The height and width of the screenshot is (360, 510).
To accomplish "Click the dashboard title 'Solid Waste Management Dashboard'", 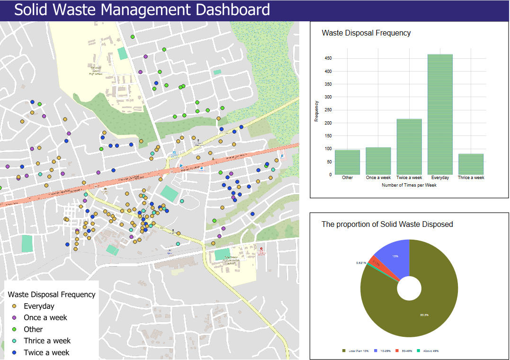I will click(x=142, y=10).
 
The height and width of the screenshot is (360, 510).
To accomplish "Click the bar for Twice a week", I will click(x=409, y=147).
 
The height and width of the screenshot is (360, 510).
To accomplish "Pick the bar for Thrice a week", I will click(x=471, y=164).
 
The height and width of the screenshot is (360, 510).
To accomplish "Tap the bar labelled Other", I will click(x=347, y=162).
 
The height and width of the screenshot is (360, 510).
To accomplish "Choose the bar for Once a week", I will click(x=378, y=161).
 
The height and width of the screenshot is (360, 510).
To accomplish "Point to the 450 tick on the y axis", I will click(x=328, y=58).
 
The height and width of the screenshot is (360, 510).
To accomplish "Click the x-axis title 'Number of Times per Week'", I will click(x=409, y=185).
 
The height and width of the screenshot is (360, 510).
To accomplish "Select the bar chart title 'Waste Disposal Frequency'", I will click(x=366, y=33).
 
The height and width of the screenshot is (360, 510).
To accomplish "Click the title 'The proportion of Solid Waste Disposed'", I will click(x=387, y=224).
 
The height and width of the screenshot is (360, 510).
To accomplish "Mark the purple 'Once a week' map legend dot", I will click(x=14, y=318).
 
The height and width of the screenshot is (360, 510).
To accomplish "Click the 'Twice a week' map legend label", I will click(x=46, y=352).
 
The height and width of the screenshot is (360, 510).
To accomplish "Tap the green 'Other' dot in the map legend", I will click(x=14, y=329).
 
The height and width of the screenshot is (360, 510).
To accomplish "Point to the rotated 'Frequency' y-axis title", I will click(x=316, y=112).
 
